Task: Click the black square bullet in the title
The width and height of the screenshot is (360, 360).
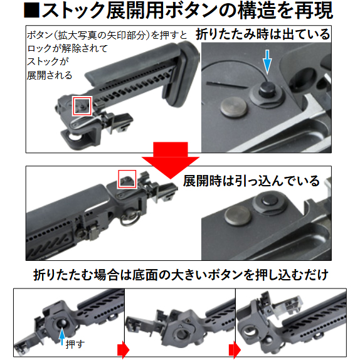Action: [31, 11]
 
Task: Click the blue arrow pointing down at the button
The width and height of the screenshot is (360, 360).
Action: [267, 61]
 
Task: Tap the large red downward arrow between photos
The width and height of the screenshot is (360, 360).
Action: [171, 160]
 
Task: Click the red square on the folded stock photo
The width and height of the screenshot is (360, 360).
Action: [82, 106]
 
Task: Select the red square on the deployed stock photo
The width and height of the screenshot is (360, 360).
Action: [127, 179]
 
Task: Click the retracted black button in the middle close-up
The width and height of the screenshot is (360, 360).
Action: [269, 200]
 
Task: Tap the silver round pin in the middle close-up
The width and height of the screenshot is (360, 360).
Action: [238, 215]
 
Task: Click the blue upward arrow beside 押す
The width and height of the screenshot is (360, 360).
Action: [61, 336]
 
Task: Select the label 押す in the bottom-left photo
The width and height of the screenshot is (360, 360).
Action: [75, 344]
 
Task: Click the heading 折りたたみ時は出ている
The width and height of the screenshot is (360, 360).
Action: [263, 34]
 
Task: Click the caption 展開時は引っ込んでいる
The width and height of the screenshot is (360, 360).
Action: [251, 181]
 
